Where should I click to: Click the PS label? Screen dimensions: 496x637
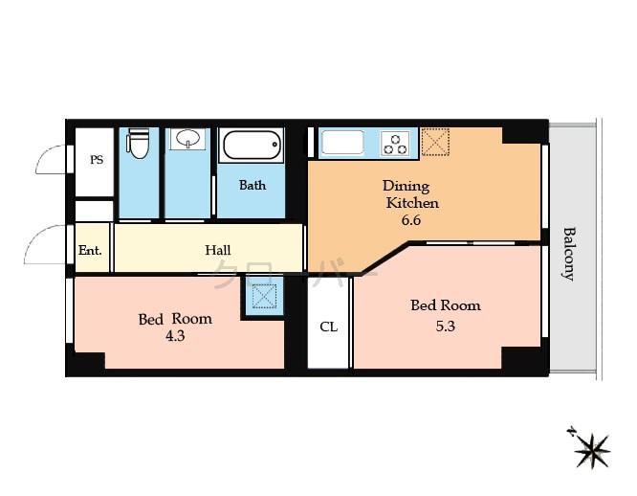click(x=97, y=160)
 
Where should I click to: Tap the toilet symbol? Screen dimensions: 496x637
click(x=139, y=144)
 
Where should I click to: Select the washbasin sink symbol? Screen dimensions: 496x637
click(x=187, y=140)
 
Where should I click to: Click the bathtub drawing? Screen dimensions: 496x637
click(x=253, y=147)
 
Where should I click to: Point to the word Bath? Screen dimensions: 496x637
click(x=253, y=185)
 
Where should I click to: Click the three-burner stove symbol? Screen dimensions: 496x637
click(x=394, y=144)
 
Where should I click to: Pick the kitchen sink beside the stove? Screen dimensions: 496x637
click(x=341, y=143)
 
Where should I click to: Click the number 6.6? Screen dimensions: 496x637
click(x=411, y=220)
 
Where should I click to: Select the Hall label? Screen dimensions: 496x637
click(x=218, y=251)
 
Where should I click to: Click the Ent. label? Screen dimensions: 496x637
click(x=91, y=251)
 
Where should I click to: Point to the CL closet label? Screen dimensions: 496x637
click(x=328, y=327)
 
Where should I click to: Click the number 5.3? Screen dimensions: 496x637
click(x=445, y=325)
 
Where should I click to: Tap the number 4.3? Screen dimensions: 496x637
click(x=174, y=336)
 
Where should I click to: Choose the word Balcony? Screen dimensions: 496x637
click(x=569, y=253)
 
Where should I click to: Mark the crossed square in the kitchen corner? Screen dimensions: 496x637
click(x=435, y=142)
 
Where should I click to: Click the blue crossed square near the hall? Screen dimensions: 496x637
click(x=262, y=296)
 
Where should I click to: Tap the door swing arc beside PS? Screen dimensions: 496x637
click(x=54, y=160)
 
